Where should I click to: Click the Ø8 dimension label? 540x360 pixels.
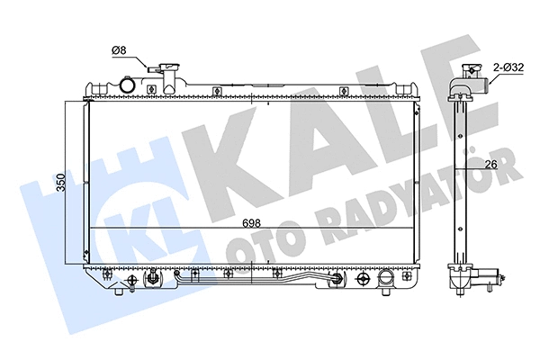coord(118,52)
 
